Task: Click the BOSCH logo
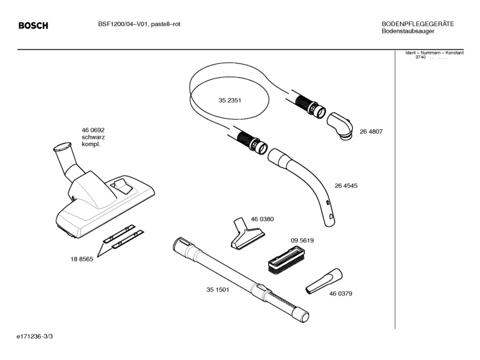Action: tap(33, 26)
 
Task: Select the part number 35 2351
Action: tap(230, 100)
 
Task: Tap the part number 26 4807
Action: tap(371, 132)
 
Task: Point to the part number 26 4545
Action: tap(346, 185)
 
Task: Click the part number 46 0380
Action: tap(262, 219)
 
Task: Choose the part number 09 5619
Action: tap(303, 240)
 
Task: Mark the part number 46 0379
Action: tap(341, 294)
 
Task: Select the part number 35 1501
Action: tap(217, 290)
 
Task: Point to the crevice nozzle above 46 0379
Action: tap(324, 280)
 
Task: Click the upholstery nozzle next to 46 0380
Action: tap(247, 234)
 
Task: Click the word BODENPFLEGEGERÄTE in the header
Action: tap(418, 24)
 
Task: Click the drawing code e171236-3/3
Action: tap(36, 336)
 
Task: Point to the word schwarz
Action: tap(94, 137)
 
